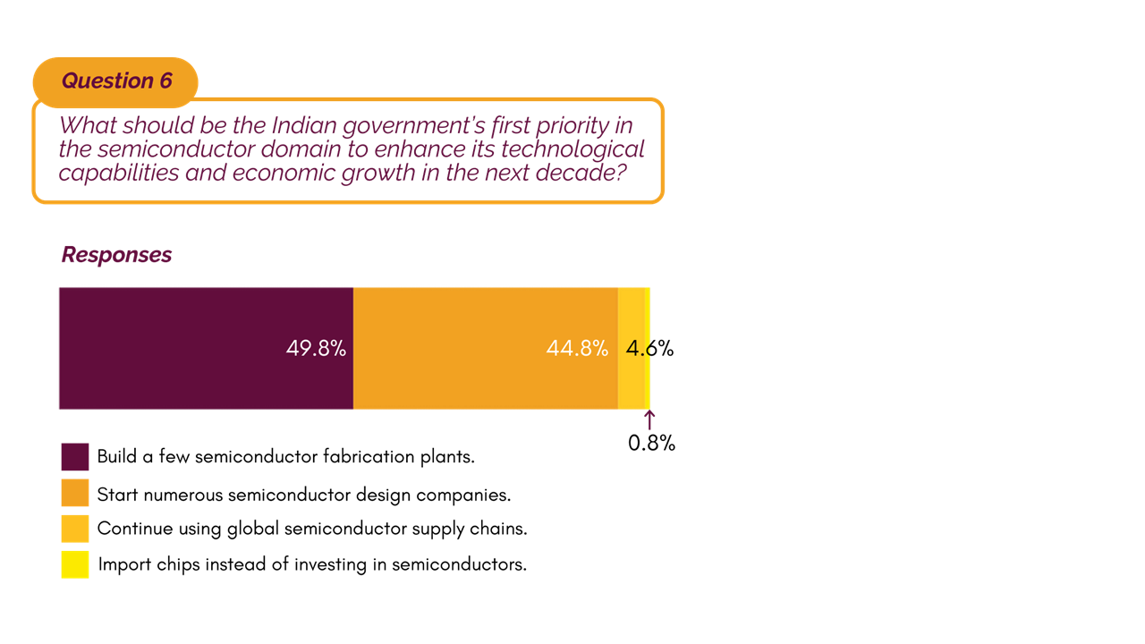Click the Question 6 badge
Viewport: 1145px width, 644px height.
[x=115, y=80]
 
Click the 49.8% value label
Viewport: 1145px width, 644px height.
[x=316, y=349]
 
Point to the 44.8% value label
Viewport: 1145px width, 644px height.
[x=577, y=349]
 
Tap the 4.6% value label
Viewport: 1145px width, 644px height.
[x=649, y=349]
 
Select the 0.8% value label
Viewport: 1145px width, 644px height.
[x=651, y=443]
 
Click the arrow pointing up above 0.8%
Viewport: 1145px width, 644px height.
[x=650, y=419]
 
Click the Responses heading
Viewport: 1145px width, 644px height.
[x=116, y=255]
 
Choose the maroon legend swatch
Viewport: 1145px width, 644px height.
[x=75, y=456]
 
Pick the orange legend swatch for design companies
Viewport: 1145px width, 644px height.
[x=75, y=493]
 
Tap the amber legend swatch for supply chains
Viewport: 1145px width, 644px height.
[x=75, y=528]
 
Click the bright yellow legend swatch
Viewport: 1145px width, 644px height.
[x=75, y=564]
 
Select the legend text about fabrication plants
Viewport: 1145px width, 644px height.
[x=285, y=456]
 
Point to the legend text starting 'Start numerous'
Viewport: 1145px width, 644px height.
[x=304, y=493]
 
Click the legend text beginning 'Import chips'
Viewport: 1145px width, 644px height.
[x=312, y=564]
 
